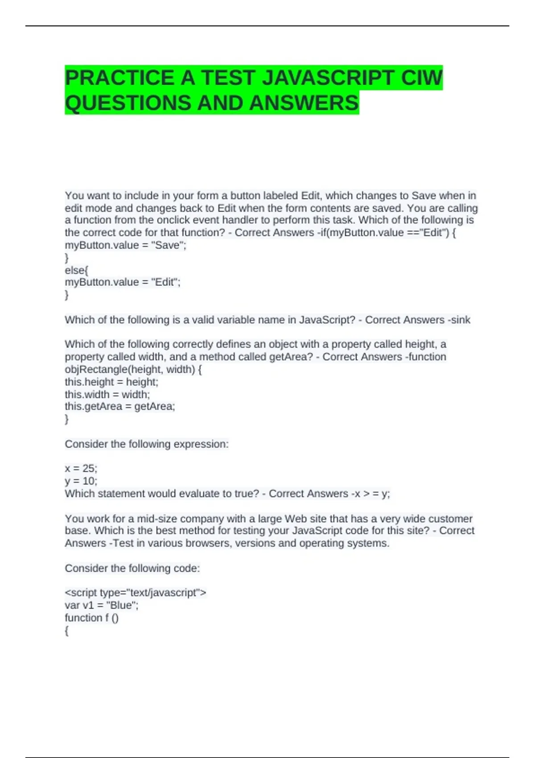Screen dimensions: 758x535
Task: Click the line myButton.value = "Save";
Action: (x=125, y=245)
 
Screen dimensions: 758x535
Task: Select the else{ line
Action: (x=77, y=270)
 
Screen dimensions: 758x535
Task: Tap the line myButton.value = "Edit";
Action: (x=123, y=282)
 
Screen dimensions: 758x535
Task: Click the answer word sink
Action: (x=461, y=320)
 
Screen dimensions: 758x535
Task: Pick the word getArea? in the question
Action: (x=291, y=357)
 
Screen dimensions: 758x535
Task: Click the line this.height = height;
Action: (x=111, y=382)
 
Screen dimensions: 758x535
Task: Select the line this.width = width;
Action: (x=107, y=395)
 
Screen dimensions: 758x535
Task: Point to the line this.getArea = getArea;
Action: (x=120, y=407)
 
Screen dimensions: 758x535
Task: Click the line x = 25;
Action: (x=81, y=469)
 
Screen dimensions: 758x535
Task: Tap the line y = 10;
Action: (x=81, y=481)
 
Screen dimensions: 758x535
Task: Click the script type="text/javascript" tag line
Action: (x=136, y=593)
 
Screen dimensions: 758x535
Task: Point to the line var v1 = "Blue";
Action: (x=102, y=606)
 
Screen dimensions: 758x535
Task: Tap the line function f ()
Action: (x=91, y=618)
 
